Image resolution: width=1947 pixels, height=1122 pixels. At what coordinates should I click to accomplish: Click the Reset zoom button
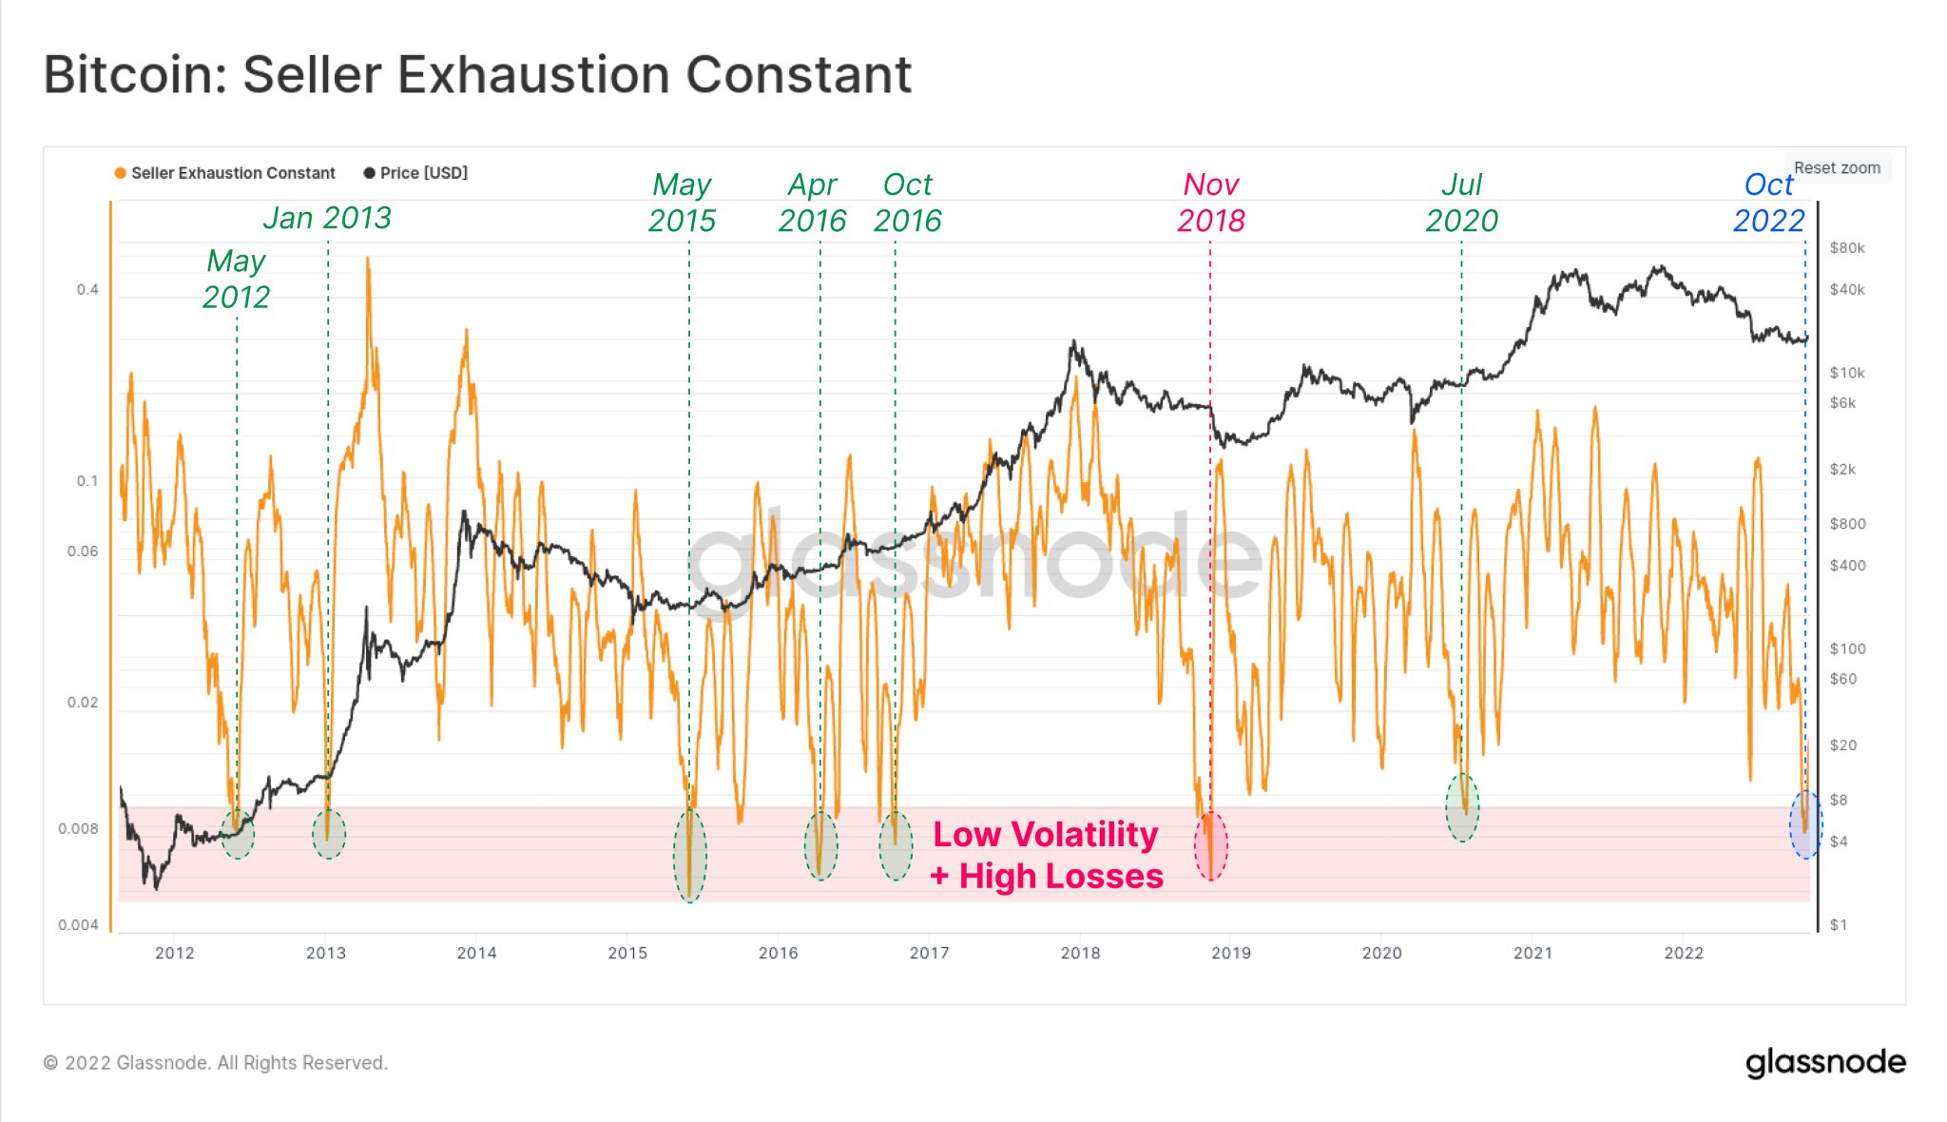point(1837,168)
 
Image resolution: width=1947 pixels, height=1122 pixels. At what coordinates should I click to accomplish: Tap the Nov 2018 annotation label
point(1210,203)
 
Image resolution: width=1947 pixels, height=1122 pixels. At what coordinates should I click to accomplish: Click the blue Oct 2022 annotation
point(1767,203)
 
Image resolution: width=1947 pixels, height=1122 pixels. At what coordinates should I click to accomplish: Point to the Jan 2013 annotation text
point(327,218)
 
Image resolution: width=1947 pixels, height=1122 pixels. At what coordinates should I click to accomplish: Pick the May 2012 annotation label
point(236,279)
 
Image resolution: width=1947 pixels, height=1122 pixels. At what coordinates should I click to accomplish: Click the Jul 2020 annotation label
point(1461,203)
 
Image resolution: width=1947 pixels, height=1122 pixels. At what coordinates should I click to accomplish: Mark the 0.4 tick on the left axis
point(87,289)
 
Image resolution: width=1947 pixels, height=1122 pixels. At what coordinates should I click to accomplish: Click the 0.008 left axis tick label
point(78,828)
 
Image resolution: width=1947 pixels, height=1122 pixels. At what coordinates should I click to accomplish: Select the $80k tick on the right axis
point(1846,248)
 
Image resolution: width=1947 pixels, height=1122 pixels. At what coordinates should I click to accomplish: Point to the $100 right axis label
point(1846,648)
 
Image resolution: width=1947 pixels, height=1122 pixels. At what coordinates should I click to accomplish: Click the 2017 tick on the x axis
point(929,953)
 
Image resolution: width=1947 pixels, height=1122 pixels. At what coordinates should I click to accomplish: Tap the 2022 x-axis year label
point(1683,953)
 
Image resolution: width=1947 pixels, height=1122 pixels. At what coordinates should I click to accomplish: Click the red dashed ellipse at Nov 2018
point(1210,846)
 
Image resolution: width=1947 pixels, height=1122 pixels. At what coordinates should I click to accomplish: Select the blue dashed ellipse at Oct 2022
point(1805,824)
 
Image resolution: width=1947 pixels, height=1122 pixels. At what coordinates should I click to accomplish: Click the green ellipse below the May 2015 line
point(689,855)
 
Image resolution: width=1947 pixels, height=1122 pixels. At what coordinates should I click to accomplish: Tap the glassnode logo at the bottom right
point(1825,1062)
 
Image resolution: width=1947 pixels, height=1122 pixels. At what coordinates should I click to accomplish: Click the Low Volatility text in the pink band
point(1045,835)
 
